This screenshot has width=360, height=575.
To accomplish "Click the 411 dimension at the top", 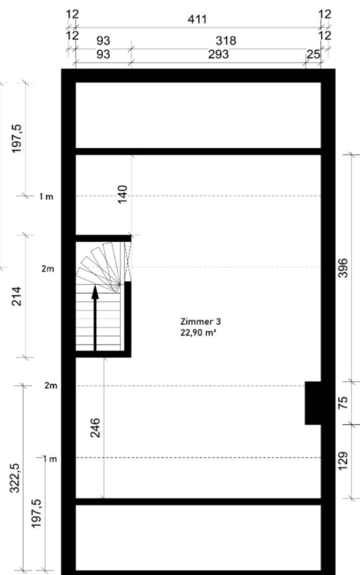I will point(197,20).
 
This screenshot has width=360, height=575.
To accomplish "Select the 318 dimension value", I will point(225,40).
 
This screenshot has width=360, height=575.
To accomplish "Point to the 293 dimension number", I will point(218,54).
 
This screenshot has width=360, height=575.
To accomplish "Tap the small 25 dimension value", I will point(313,54).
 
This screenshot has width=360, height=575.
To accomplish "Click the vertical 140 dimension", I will point(122,195).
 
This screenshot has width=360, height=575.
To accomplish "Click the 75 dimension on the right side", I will point(343,402).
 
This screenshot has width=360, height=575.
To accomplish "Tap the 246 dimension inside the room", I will point(96,428).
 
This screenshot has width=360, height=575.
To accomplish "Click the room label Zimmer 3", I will point(201,322).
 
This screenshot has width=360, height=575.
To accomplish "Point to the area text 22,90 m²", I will point(201,333).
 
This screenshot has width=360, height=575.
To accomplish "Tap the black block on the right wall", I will point(313,403).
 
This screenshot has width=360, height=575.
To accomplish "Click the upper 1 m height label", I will point(46,196).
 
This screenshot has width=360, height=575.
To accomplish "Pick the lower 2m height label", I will point(50,385).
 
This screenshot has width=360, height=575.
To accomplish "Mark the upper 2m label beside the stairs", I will point(47,269).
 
